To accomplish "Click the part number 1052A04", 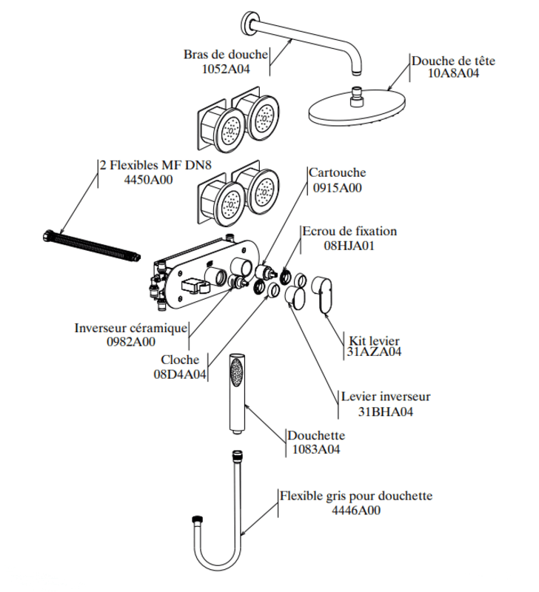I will coord(226,70).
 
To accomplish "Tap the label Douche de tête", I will coord(453,61).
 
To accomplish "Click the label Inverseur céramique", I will coord(131,328).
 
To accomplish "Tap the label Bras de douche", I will coord(225,55).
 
